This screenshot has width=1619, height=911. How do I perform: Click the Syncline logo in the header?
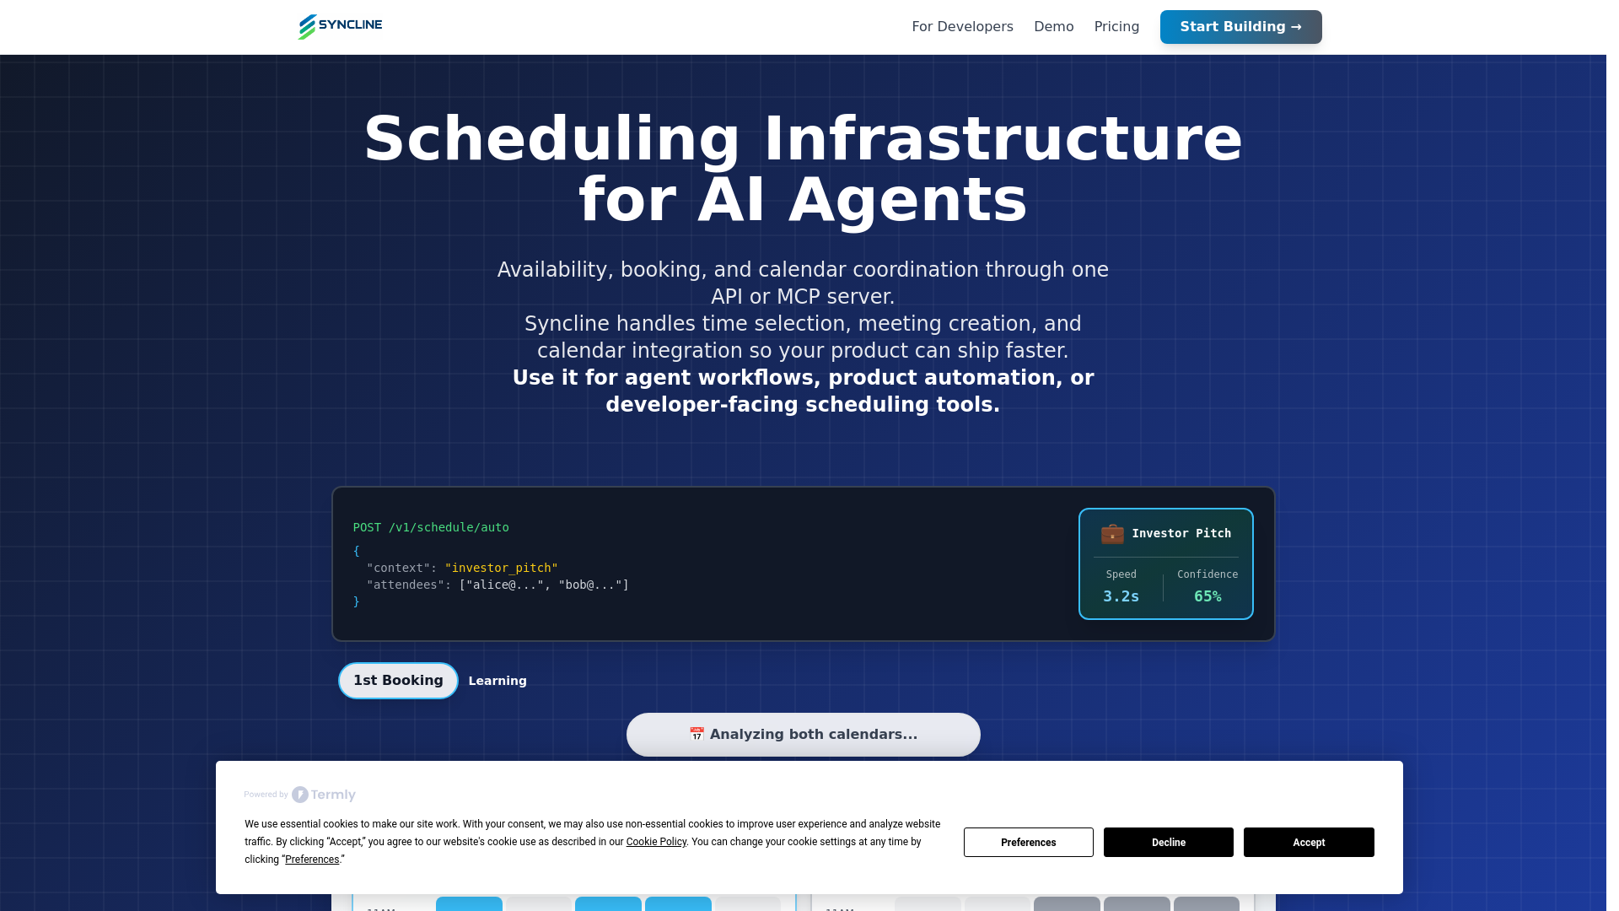(340, 26)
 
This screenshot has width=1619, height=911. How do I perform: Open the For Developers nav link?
(962, 27)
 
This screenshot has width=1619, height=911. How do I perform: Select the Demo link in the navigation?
(1053, 27)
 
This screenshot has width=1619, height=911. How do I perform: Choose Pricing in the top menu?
(1116, 27)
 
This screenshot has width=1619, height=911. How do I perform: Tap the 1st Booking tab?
(398, 681)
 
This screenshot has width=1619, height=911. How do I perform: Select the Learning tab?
(498, 681)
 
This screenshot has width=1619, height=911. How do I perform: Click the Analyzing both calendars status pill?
(803, 735)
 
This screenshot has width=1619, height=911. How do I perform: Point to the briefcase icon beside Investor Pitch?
(1112, 534)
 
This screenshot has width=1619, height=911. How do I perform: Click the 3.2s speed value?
(1121, 596)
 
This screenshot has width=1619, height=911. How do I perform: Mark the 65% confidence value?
(1208, 596)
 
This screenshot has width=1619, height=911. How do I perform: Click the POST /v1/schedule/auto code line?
(431, 527)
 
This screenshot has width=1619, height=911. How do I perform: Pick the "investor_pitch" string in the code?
(501, 568)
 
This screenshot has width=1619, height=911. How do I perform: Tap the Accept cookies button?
(1309, 842)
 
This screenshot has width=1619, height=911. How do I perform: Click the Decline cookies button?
(1168, 842)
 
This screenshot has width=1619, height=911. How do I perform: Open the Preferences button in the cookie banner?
(1028, 842)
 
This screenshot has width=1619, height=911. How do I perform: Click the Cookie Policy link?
(656, 842)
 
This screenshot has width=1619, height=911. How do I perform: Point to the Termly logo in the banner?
(324, 795)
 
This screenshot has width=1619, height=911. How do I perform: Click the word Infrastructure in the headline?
(1003, 139)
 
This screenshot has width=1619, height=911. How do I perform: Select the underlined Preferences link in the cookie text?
(312, 860)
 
